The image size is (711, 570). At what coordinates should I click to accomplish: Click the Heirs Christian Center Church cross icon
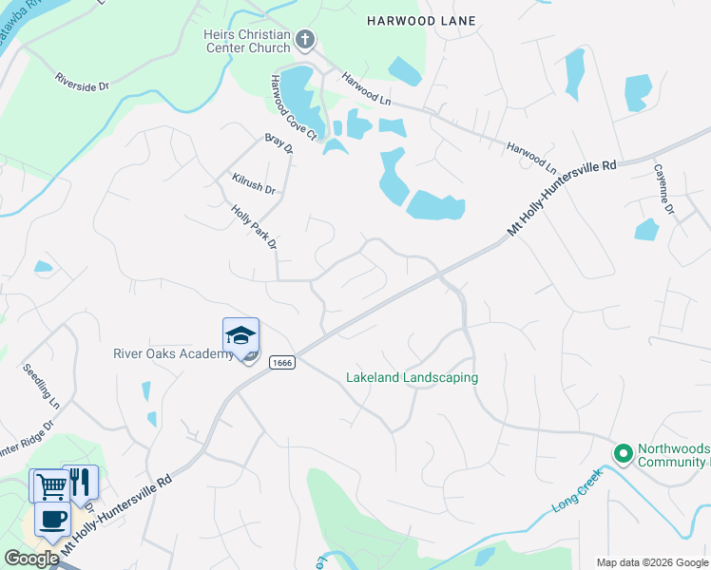pos(305,40)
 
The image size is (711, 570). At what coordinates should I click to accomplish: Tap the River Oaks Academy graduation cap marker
pos(240,336)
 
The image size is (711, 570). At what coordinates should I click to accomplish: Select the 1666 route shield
pos(280,362)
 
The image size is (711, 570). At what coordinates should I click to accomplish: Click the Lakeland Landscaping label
pos(412,377)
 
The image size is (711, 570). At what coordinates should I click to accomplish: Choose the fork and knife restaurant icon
pos(81,483)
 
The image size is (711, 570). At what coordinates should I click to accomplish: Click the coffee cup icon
pos(52,520)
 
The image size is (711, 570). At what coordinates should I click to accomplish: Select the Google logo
pos(31,559)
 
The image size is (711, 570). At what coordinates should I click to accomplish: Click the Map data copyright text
pos(651,562)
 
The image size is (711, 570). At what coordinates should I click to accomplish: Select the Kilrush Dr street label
pos(253,183)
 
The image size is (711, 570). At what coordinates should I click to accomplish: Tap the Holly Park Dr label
pos(254,227)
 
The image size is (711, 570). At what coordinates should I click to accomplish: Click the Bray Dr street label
pos(279,142)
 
